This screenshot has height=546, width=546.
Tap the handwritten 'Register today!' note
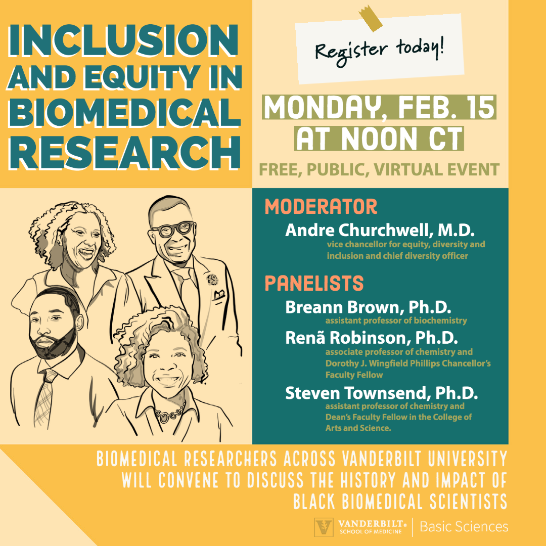[380, 49]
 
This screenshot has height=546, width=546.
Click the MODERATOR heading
[321, 206]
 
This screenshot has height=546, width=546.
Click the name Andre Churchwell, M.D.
[380, 230]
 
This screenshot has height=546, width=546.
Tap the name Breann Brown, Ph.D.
[368, 307]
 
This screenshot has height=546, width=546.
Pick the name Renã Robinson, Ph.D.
[372, 337]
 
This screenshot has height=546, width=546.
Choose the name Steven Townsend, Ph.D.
[381, 393]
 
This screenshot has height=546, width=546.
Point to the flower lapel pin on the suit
[212, 279]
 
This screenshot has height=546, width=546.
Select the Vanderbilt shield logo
[324, 527]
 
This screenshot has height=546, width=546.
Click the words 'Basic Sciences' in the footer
[464, 526]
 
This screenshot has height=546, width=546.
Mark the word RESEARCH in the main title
[124, 153]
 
